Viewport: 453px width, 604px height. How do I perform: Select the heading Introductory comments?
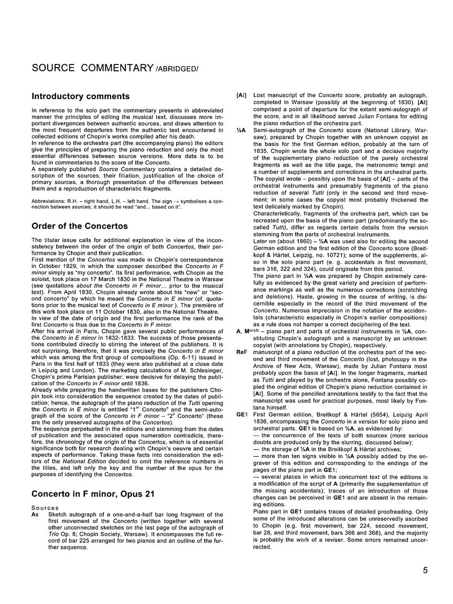(81, 96)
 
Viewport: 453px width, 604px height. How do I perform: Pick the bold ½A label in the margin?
(241, 129)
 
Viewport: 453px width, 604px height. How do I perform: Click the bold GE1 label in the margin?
(242, 414)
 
